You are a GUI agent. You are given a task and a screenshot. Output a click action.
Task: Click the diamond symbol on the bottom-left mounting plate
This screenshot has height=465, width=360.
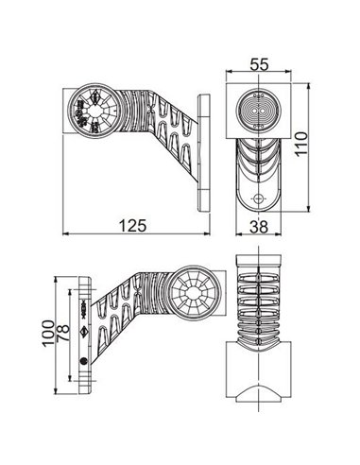(x=84, y=332)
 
